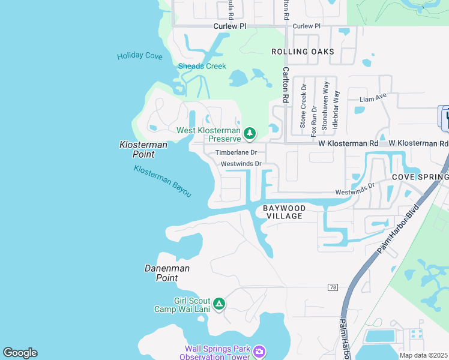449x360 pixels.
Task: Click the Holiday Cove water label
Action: (139, 56)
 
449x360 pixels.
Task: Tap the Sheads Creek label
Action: (202, 66)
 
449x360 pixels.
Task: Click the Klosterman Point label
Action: (143, 149)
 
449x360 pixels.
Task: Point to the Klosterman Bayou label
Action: (163, 181)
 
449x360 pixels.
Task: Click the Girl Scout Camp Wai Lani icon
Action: (220, 304)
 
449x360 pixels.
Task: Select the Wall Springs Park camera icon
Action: (259, 350)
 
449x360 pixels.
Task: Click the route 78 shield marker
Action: (333, 287)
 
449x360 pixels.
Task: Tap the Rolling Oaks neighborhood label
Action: (303, 52)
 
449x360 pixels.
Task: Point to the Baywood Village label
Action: (285, 212)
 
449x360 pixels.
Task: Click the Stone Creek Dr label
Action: (303, 106)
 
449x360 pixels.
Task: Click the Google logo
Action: (20, 353)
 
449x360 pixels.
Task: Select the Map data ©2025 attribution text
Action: (424, 355)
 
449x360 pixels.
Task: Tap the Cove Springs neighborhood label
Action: (420, 178)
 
